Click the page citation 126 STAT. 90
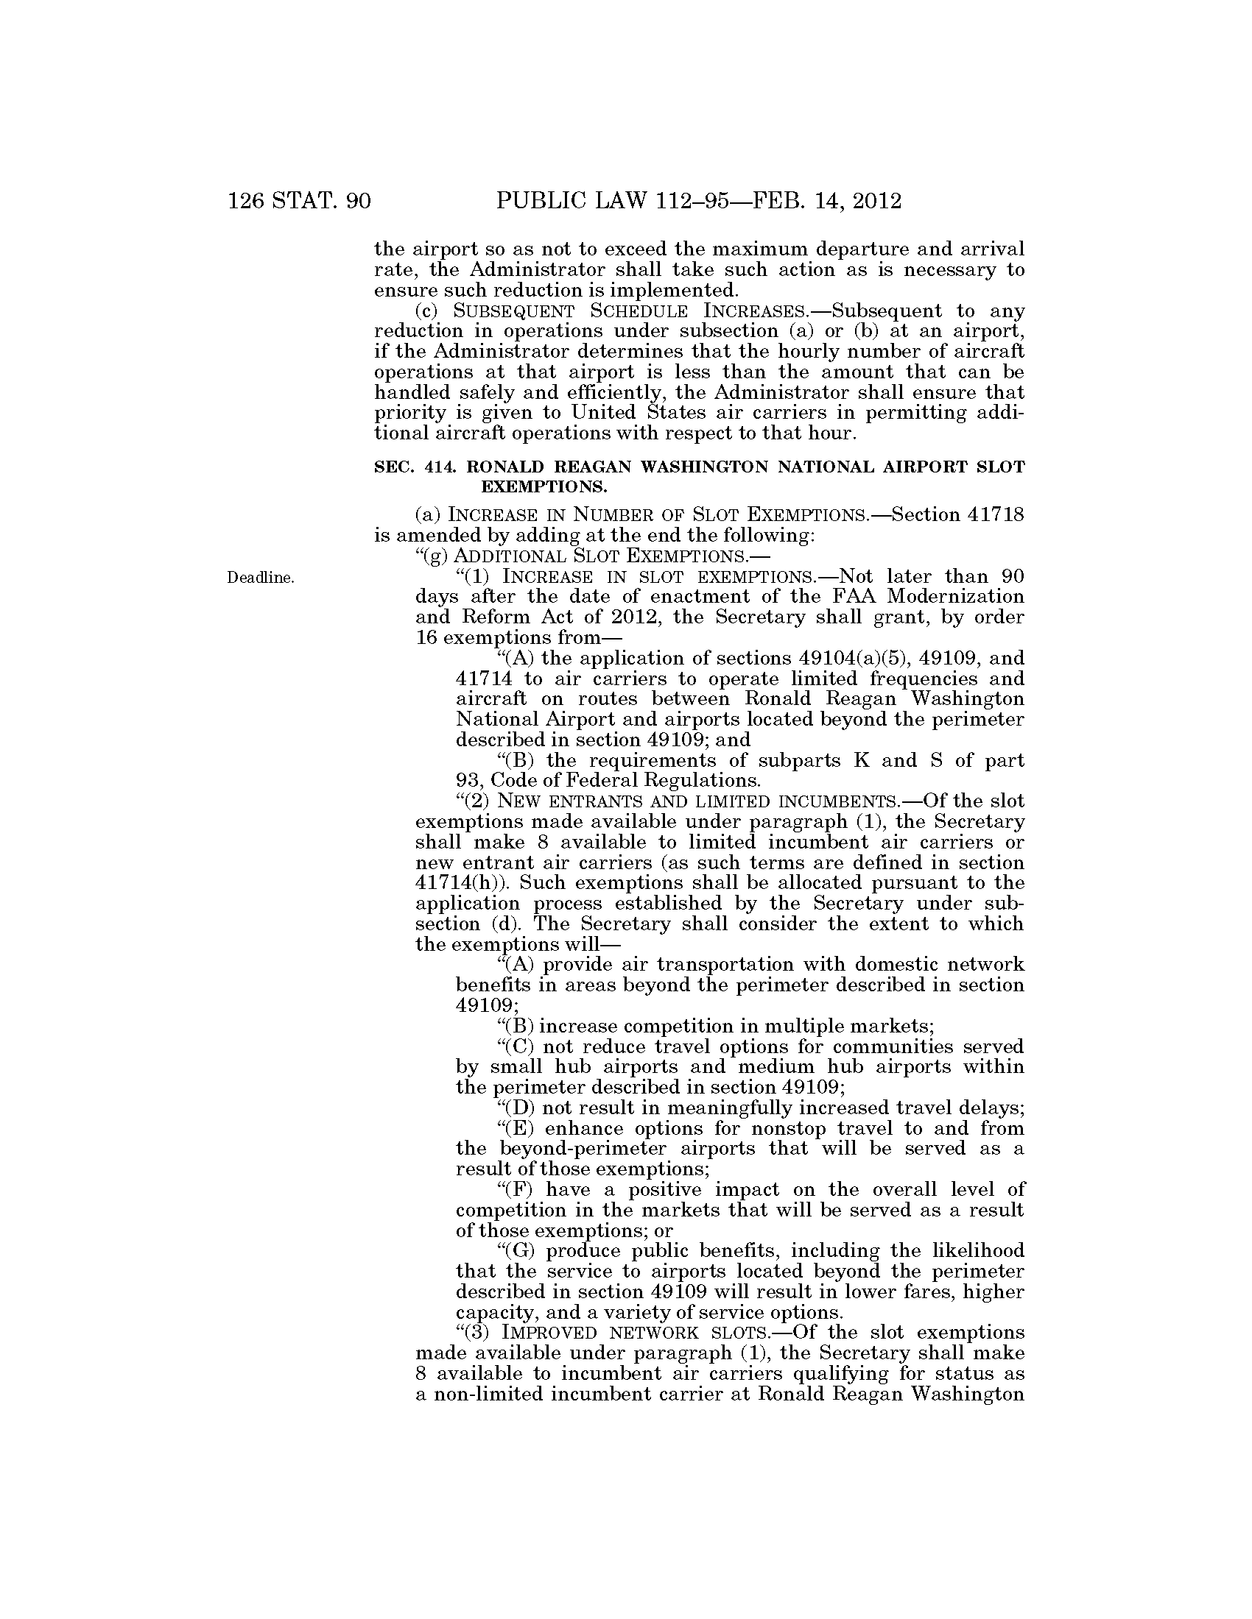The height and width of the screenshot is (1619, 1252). tap(299, 201)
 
